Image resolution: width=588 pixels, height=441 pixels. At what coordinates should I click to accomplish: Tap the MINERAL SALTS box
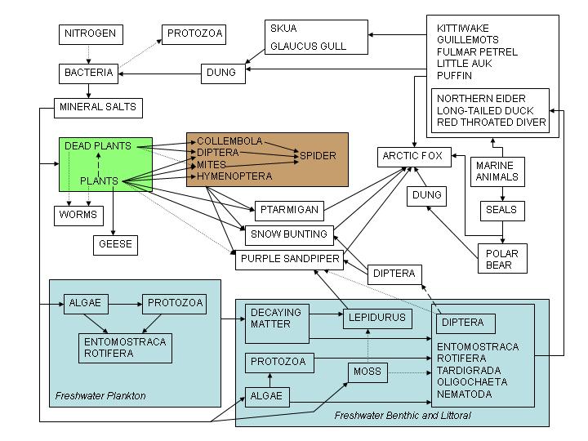98,107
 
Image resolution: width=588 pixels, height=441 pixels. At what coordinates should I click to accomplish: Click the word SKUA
283,29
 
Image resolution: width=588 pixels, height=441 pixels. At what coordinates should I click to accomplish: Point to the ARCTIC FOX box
415,156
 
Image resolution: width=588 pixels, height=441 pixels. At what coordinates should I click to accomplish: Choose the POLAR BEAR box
501,259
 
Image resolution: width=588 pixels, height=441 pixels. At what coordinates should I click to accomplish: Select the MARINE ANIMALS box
497,171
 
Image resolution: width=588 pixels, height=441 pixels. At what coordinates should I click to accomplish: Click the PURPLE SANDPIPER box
289,261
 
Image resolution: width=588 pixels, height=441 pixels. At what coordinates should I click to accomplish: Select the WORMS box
78,216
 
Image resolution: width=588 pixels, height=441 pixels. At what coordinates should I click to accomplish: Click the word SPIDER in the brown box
318,155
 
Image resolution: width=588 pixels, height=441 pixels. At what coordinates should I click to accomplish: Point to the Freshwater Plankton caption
100,396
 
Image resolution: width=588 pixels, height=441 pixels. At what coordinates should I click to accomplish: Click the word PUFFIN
454,74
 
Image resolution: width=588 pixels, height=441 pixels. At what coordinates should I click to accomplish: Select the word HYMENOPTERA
234,176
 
